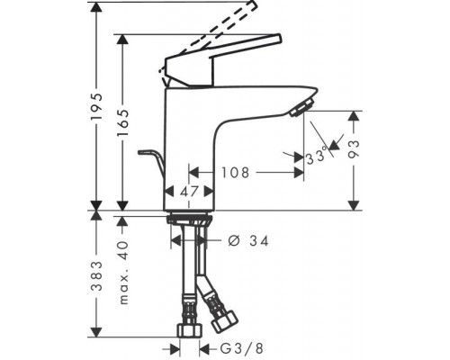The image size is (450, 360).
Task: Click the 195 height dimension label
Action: coord(96,107)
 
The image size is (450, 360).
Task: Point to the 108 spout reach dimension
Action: coord(236,173)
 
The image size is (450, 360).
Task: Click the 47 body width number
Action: coord(189,191)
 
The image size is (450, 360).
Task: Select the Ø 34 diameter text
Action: coord(248,241)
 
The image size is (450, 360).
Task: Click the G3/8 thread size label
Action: coord(241,348)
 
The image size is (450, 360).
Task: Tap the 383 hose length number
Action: coord(96,276)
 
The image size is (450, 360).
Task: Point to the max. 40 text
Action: coord(123,272)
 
